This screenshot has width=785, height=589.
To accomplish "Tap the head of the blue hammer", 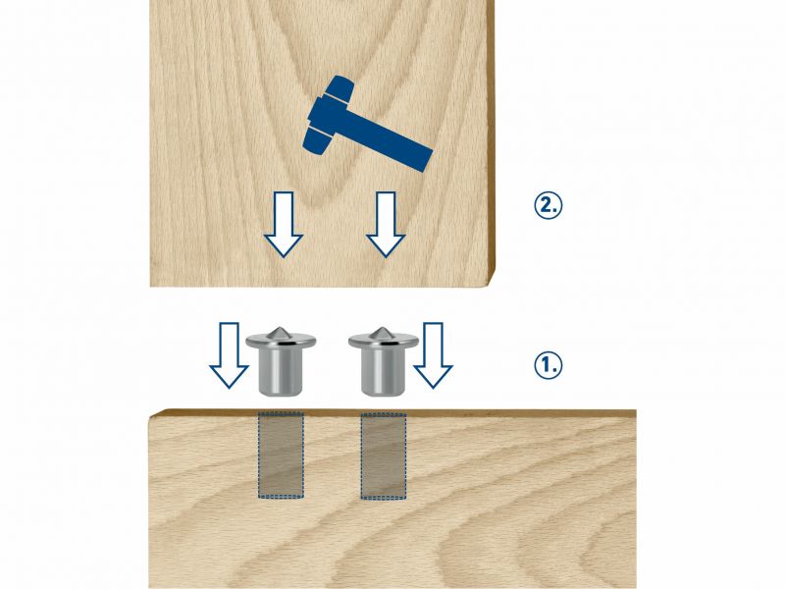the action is (x=328, y=115).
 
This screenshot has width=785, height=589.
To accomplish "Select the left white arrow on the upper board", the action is (x=284, y=225).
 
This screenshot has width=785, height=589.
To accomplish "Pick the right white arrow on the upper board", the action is (x=386, y=225).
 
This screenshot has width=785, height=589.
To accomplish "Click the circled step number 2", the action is (x=549, y=205).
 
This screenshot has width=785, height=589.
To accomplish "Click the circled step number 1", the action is (x=549, y=365).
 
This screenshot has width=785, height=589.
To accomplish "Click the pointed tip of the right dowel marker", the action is (x=382, y=328).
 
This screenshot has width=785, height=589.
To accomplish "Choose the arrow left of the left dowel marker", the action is (x=229, y=355).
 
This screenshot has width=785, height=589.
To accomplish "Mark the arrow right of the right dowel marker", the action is (x=433, y=355).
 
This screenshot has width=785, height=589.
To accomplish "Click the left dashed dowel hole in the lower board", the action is (x=281, y=455).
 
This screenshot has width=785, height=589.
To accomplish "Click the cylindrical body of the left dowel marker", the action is (x=281, y=373).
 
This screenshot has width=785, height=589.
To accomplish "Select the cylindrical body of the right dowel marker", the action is (x=384, y=373).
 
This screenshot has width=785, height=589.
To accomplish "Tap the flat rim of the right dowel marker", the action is (x=384, y=342).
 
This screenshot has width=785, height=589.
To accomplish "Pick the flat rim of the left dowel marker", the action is (x=281, y=342).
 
